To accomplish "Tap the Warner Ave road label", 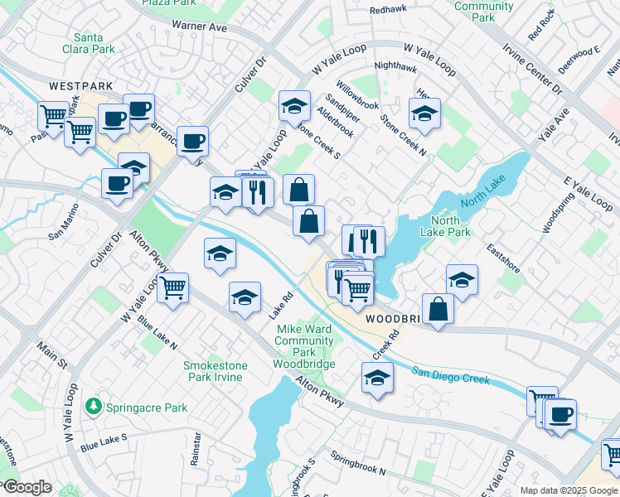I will [199, 27].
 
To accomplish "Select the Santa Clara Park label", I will [94, 43].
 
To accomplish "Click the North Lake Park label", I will [450, 226].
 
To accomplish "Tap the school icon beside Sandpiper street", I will [293, 105].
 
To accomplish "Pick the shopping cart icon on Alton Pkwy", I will [172, 288].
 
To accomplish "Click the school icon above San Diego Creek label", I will [377, 378].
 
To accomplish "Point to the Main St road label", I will [49, 356].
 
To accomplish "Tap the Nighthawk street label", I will [395, 66].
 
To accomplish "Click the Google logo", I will [27, 487].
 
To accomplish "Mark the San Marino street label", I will [67, 224].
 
